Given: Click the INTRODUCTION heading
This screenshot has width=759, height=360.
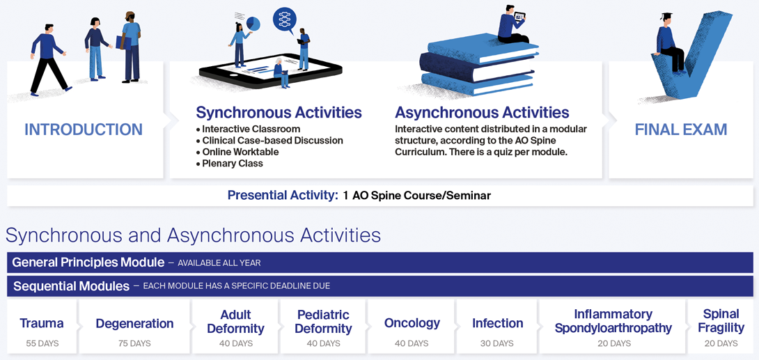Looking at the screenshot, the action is pos(84,130).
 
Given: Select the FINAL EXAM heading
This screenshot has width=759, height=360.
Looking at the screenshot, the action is pos(681,130).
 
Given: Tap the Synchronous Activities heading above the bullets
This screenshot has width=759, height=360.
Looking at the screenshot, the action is pos(279,113).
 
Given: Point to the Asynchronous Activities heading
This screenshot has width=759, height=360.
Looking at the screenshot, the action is pos(482,113).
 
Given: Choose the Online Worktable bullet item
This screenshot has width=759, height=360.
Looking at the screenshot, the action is pos(237,152).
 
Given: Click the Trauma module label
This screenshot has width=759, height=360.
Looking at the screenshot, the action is pos(42,323).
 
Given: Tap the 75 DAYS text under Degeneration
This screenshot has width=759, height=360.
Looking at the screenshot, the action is pos(134,343).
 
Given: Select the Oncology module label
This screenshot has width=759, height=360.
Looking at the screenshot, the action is pos(412,322).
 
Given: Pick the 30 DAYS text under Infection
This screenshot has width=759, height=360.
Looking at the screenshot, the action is pos(498,343).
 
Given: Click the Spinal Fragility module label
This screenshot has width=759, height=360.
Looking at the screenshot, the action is pos(721,321).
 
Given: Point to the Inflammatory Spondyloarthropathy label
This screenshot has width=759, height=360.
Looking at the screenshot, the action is pos(613,321).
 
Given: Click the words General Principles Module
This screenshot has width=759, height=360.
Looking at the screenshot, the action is pos(88,263).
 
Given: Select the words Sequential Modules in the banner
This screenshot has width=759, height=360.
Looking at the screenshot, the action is pos(71,286).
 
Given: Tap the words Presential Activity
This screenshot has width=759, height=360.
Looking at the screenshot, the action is pos(283,196).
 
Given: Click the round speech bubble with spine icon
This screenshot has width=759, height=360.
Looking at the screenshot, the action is pos(285,20).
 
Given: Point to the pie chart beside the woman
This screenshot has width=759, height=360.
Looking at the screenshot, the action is pos(253,23).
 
